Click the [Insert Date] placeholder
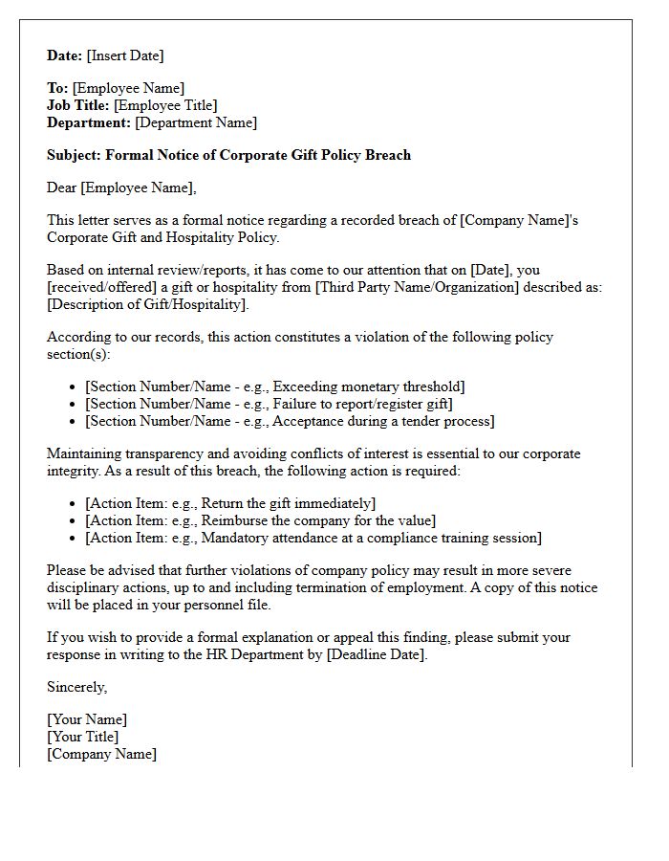[125, 55]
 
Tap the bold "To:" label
[57, 88]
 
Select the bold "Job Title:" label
[78, 105]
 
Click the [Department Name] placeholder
[196, 122]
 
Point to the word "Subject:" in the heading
[75, 155]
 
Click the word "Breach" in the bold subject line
[388, 155]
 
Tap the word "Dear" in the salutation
[62, 188]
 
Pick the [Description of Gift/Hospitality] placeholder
[148, 304]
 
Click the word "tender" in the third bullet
[414, 421]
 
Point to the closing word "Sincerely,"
[77, 687]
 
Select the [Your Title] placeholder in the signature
[83, 737]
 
